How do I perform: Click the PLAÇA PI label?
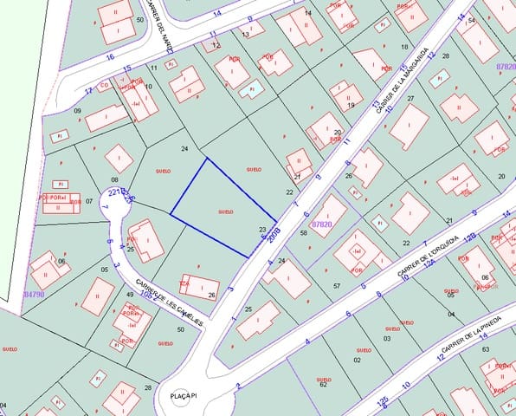pyautogui.click(x=184, y=395)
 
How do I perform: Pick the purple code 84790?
pyautogui.click(x=34, y=294)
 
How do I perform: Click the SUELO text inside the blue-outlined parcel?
pyautogui.click(x=225, y=211)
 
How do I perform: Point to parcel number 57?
pyautogui.click(x=336, y=285)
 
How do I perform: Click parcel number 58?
pyautogui.click(x=303, y=233)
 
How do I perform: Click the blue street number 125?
pyautogui.click(x=383, y=401)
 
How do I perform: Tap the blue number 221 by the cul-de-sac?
pyautogui.click(x=113, y=192)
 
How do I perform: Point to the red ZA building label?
pyautogui.click(x=184, y=283)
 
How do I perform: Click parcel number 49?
pyautogui.click(x=130, y=296)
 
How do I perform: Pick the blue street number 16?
pyautogui.click(x=110, y=56)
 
